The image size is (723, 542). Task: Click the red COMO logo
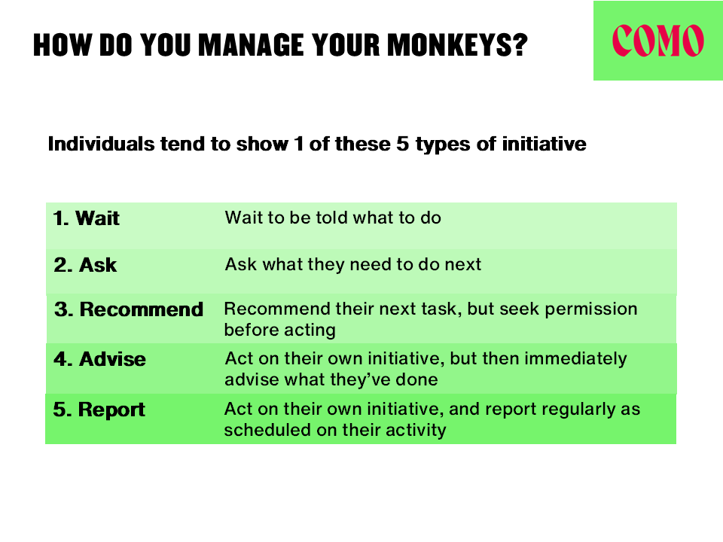point(658,41)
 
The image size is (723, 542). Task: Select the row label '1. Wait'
point(86,218)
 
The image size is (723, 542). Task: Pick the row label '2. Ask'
point(85,265)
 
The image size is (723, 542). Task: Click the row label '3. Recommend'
point(129,309)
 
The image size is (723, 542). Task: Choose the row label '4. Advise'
point(99,359)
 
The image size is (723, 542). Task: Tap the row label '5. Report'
point(99,410)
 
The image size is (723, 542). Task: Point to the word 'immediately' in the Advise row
point(575,359)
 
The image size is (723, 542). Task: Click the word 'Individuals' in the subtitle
point(102,144)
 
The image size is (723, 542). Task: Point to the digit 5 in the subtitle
point(402,144)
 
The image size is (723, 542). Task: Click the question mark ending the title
point(520,45)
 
